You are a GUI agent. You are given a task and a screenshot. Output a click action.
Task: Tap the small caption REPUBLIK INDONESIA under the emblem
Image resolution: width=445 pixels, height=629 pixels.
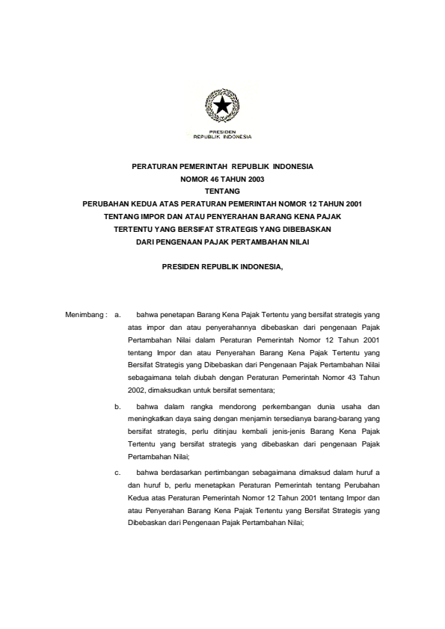click(222, 138)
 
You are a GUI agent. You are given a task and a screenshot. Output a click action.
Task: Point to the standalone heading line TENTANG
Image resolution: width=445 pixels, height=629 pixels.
click(222, 191)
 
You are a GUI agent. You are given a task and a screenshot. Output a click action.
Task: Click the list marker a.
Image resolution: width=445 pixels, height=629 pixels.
click(117, 315)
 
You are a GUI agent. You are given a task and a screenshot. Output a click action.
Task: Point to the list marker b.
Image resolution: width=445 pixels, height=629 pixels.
click(117, 407)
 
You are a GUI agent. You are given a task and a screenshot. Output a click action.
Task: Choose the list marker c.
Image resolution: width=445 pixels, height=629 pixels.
click(117, 473)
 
